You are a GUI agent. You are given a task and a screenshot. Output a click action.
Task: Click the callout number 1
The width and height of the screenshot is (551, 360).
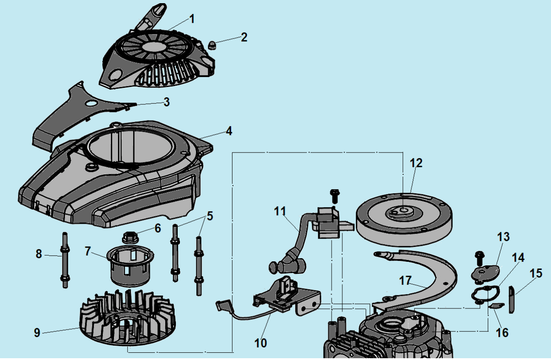(x=192, y=19)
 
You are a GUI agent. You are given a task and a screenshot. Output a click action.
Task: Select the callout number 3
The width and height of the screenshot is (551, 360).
(x=166, y=102)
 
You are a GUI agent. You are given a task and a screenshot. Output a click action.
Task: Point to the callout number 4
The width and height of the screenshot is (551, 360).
(x=229, y=131)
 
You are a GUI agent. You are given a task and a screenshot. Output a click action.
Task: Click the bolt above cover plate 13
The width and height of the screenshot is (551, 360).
(x=479, y=257)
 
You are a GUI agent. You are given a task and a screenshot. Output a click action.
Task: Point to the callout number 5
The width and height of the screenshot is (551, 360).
(x=210, y=216)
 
